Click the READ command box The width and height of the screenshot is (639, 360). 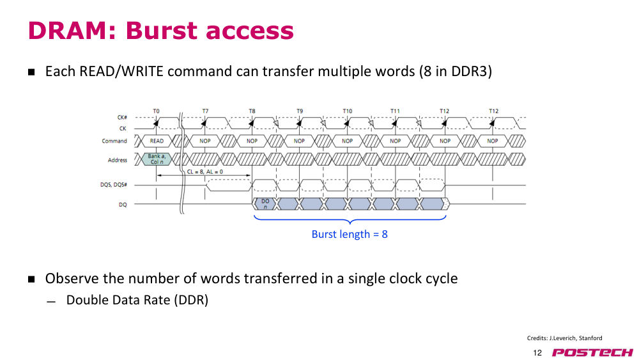tap(157, 141)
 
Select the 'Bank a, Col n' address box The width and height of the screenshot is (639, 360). tap(157, 159)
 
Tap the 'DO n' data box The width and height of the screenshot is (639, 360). tap(265, 204)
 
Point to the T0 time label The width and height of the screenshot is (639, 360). tap(157, 111)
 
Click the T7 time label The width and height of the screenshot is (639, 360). tap(205, 111)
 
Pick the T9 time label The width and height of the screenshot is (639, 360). tap(300, 111)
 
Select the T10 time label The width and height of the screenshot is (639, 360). tap(347, 111)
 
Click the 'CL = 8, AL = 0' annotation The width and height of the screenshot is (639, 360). tap(205, 171)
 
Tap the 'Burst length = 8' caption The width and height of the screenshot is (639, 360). tap(350, 234)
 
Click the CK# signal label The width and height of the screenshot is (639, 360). tap(122, 118)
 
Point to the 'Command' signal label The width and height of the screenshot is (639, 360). tap(114, 141)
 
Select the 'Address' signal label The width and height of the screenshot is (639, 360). tap(118, 160)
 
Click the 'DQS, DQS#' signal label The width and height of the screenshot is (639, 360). tap(114, 185)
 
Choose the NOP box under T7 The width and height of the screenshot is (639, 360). tap(205, 141)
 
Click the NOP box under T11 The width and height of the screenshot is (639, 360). tap(396, 141)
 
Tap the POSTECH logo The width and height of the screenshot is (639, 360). tap(592, 352)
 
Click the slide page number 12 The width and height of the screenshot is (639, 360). tap(537, 353)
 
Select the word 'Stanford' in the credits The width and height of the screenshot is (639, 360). tap(590, 338)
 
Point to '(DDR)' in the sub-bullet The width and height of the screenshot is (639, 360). tap(191, 300)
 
